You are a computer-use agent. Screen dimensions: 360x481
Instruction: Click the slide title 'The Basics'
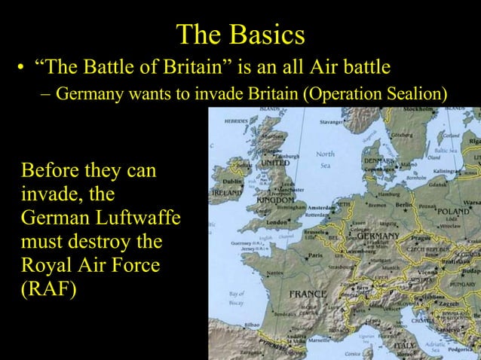(x=240, y=35)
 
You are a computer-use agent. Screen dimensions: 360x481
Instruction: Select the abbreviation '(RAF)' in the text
(x=50, y=290)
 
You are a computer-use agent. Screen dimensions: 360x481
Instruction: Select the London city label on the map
(x=277, y=223)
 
